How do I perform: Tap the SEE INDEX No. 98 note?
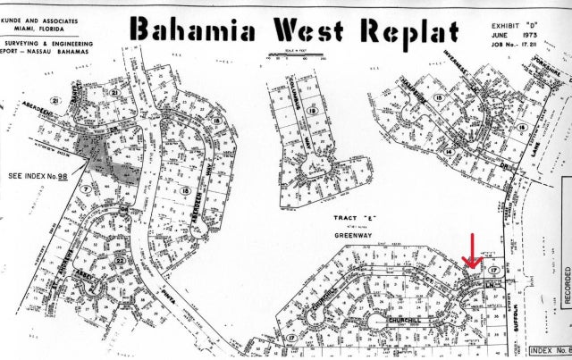39,177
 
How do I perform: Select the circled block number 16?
184,191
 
